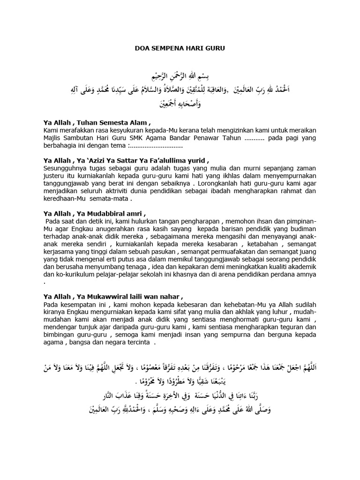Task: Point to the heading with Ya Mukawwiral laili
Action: point(112,296)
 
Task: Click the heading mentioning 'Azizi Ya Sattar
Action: point(126,159)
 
